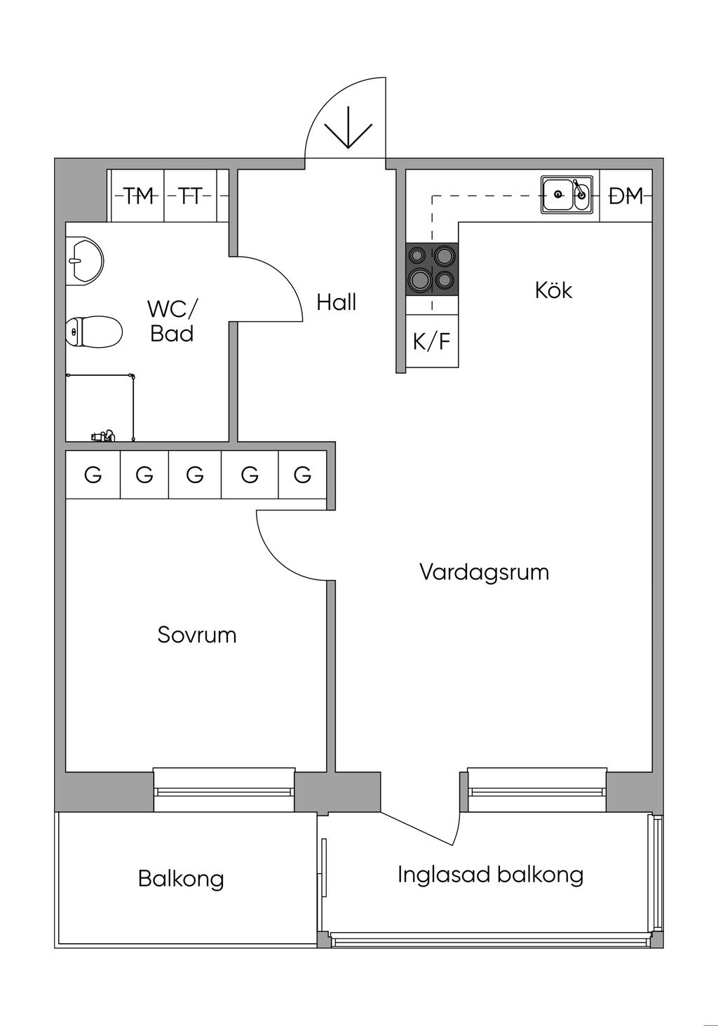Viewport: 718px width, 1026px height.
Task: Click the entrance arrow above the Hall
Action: coord(348,128)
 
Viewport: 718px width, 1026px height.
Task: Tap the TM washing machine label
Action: coord(140,196)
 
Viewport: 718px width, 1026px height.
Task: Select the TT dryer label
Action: coord(189,196)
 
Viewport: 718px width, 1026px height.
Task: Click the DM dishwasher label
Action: coord(626,196)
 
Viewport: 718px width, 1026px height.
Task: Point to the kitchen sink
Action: coord(567,196)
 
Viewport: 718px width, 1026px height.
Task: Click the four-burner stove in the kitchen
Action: coord(432,269)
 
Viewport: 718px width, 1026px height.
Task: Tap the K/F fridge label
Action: coord(432,342)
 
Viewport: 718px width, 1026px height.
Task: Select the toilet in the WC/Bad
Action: coord(93,331)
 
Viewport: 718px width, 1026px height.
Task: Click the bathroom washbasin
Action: coord(85,261)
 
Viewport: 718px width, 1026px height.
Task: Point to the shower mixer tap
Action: coord(102,436)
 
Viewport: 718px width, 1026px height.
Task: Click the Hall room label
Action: coord(337,303)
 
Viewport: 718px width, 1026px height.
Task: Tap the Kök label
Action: coord(554,290)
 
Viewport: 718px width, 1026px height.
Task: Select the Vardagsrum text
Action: coord(484,572)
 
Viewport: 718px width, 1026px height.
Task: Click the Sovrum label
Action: coord(197,635)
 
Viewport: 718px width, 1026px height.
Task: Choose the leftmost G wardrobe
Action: coord(93,475)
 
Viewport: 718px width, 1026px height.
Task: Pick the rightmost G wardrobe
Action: coord(303,475)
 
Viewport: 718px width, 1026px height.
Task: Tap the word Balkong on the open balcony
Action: coord(182,879)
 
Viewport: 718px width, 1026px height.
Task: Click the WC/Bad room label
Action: coord(172,321)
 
